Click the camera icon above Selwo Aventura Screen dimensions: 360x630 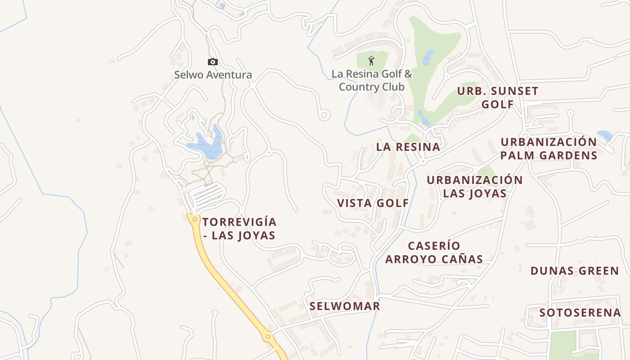tap(213, 62)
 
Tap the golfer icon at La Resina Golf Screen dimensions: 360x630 tap(371, 61)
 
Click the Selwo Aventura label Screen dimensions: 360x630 tap(213, 75)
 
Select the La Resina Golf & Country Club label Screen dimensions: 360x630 tap(372, 80)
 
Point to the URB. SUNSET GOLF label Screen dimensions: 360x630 tap(498, 97)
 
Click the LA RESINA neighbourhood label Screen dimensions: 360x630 tap(408, 147)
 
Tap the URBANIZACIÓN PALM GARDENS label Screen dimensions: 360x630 tap(549, 148)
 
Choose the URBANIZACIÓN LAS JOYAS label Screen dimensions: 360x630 tap(475, 186)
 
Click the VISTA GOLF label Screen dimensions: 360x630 tap(373, 203)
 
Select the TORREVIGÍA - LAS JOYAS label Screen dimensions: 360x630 tap(239, 229)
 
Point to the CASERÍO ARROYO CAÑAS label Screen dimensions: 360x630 tap(434, 252)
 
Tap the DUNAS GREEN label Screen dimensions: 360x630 tap(575, 271)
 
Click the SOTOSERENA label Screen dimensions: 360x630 tap(580, 312)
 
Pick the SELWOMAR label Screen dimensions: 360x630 tap(345, 306)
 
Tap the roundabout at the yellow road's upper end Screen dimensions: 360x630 tap(194, 219)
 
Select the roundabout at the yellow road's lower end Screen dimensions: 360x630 tap(268, 336)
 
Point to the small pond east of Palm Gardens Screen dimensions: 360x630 tap(604, 135)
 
